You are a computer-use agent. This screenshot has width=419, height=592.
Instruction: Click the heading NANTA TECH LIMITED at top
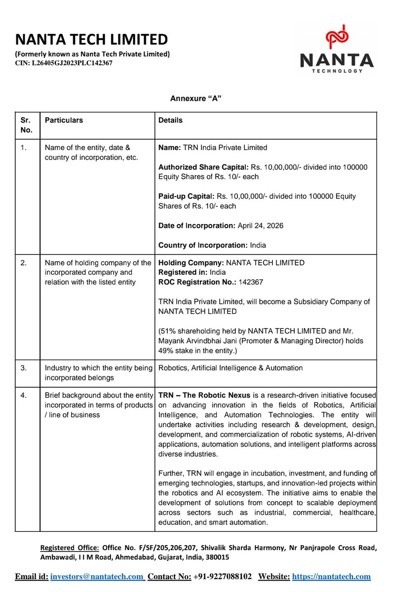[x=91, y=39]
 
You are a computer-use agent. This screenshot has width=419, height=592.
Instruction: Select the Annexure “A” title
[x=195, y=99]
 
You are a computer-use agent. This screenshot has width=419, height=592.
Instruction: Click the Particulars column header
[x=64, y=120]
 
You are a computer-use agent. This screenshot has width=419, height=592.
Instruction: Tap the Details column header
[x=170, y=120]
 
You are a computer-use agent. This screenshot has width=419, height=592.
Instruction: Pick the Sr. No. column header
[x=26, y=125]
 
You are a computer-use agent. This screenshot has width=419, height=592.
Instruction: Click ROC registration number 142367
[x=251, y=282]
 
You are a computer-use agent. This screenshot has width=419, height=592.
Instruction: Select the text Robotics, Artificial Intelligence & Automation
[x=230, y=368]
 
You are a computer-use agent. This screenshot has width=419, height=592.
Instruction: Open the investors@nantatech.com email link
[x=97, y=576]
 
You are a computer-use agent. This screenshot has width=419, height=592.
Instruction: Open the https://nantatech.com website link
[x=331, y=576]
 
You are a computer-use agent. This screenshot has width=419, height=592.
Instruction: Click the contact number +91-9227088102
[x=222, y=576]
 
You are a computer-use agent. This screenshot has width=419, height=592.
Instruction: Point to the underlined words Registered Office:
[x=70, y=548]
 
